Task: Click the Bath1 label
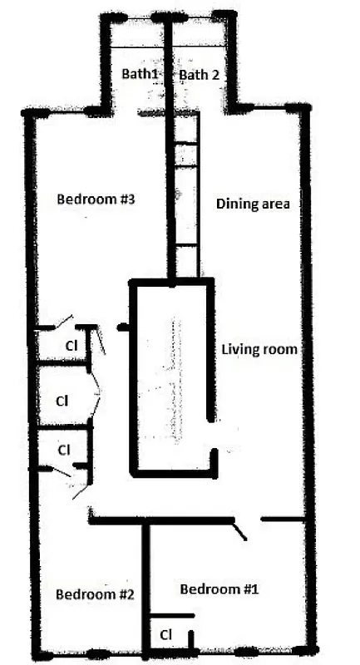(140, 74)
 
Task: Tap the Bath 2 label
(200, 74)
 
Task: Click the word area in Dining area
(275, 204)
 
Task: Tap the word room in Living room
(281, 348)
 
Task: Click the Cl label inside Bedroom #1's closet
(165, 634)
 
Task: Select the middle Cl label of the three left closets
(61, 400)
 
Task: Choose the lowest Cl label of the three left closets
(63, 449)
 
